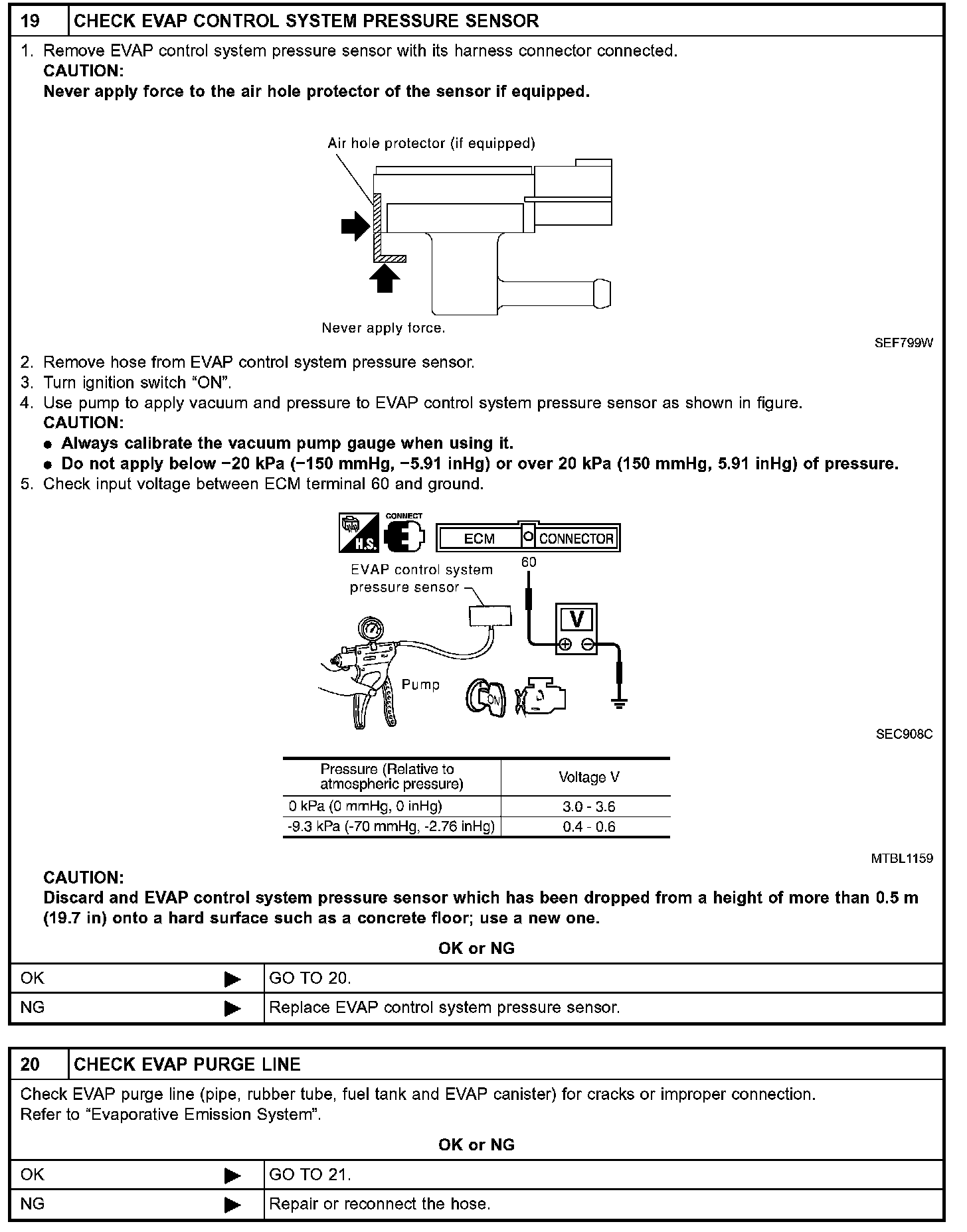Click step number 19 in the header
pos(31,21)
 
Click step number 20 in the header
pos(31,1064)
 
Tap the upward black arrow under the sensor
pos(385,278)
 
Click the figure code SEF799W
pos(903,343)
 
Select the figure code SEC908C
pos(904,734)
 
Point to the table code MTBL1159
pos(901,858)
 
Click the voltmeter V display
pos(576,619)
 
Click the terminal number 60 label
pos(529,562)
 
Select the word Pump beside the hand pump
pos(420,684)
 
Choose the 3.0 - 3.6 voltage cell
pos(588,807)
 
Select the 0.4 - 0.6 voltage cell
pos(588,827)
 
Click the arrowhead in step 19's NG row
pos(232,1009)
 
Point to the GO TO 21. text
pos(309,1174)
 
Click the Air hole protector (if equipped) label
pos(431,143)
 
